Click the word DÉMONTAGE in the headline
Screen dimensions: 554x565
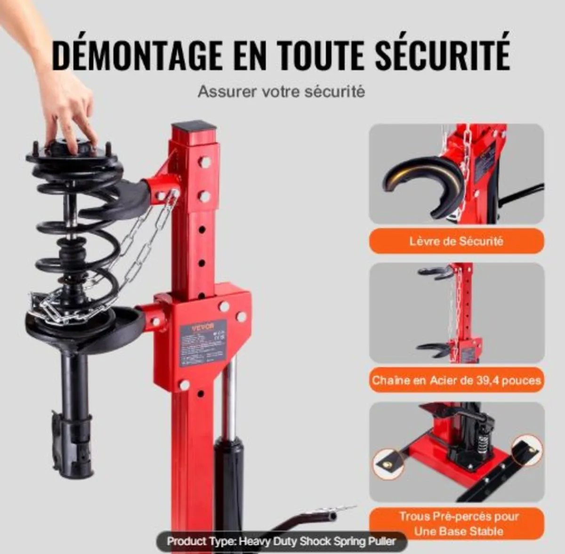click(137, 56)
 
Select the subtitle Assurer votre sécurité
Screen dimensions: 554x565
click(281, 91)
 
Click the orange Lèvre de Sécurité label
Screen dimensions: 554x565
click(456, 241)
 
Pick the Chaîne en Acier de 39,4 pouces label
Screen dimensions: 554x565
click(456, 380)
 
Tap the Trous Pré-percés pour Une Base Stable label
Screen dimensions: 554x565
click(459, 524)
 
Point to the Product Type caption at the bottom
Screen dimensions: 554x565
click(281, 541)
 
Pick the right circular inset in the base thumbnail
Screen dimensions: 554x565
click(525, 453)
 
